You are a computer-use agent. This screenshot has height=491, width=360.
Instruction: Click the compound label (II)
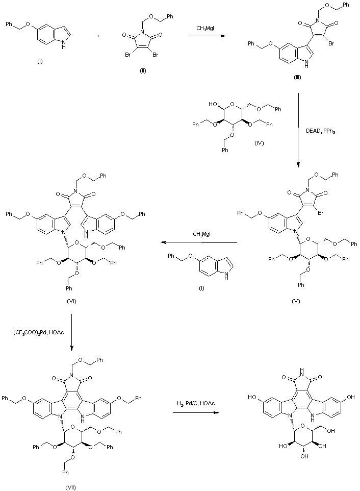(143, 70)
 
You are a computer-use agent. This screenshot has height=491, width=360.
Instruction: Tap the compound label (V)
(296, 301)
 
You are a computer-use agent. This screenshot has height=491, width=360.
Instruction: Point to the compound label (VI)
(71, 301)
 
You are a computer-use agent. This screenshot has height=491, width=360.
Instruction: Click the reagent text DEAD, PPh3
(323, 131)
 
